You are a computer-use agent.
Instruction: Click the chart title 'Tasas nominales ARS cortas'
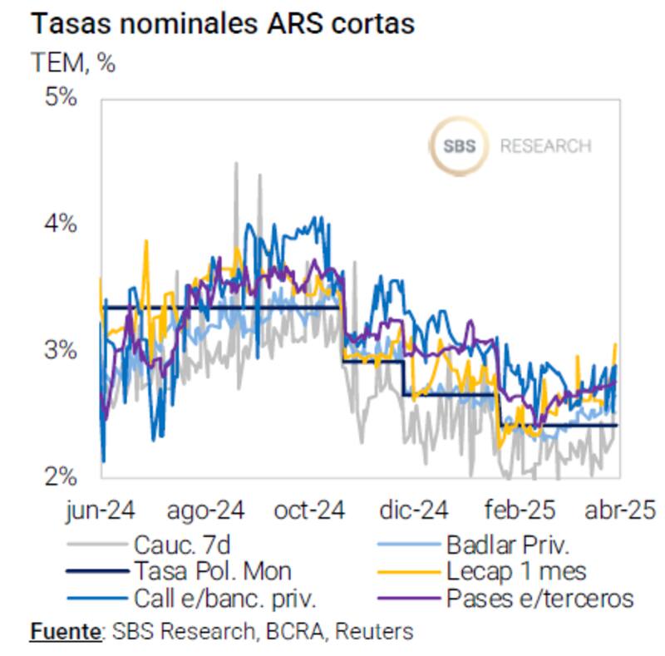click(x=222, y=24)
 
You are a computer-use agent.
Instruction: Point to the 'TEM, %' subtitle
click(x=73, y=62)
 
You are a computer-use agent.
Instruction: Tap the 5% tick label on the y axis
click(x=61, y=98)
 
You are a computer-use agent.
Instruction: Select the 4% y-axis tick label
click(x=61, y=224)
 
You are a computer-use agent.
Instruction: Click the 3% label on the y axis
click(x=61, y=351)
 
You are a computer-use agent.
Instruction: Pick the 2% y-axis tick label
click(x=61, y=477)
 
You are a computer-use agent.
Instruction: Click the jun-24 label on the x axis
click(x=101, y=510)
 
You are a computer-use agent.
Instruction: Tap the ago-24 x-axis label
click(x=206, y=510)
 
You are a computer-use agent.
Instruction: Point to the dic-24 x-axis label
click(x=413, y=510)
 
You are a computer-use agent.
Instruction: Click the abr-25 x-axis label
click(x=620, y=510)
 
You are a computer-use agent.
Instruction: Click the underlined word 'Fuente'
click(x=64, y=631)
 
